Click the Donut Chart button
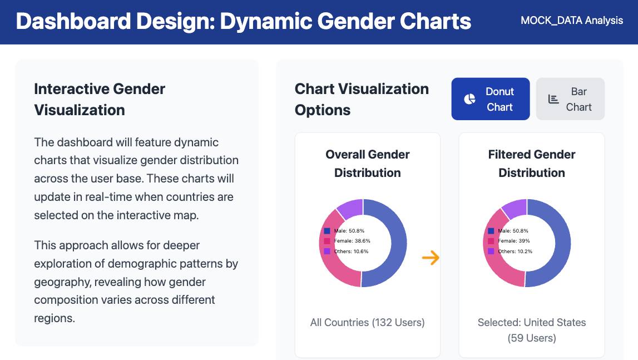click(490, 99)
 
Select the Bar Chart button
click(570, 99)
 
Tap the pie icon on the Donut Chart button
click(469, 99)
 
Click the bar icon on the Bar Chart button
click(553, 99)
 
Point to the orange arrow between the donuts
click(431, 258)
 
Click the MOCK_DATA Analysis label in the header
click(572, 21)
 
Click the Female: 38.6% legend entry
click(347, 241)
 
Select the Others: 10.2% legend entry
click(510, 251)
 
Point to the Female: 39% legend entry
click(508, 241)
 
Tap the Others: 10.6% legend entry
click(347, 251)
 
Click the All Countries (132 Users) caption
click(368, 323)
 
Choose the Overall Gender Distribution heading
click(368, 163)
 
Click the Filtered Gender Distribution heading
click(532, 163)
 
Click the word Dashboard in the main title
click(73, 21)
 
